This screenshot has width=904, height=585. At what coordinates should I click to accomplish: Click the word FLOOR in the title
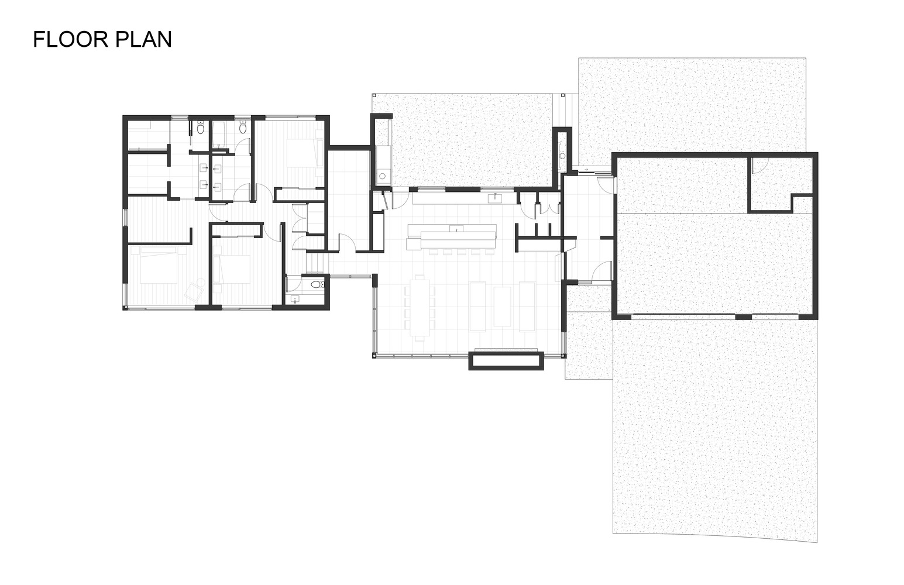(x=71, y=40)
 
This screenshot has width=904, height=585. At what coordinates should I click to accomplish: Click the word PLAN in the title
(x=144, y=40)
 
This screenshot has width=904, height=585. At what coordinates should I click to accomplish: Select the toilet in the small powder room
(x=317, y=285)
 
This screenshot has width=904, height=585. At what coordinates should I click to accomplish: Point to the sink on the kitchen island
(x=456, y=228)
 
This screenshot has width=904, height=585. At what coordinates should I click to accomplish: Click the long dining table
(x=420, y=308)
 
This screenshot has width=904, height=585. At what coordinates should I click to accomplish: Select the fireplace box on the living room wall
(x=506, y=361)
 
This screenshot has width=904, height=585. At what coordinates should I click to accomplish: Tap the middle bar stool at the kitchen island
(x=462, y=252)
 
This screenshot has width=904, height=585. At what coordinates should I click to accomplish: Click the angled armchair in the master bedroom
(x=194, y=290)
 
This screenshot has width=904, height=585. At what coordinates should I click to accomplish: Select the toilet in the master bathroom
(x=201, y=128)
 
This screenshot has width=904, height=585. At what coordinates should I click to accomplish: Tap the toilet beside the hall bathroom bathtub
(x=243, y=128)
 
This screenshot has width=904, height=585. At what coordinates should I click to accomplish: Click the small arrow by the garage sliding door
(x=586, y=169)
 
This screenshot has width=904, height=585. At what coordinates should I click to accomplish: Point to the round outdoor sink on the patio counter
(x=381, y=176)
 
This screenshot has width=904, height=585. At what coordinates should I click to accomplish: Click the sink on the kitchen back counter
(x=494, y=198)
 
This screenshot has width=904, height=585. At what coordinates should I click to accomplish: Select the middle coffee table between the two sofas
(x=502, y=307)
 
